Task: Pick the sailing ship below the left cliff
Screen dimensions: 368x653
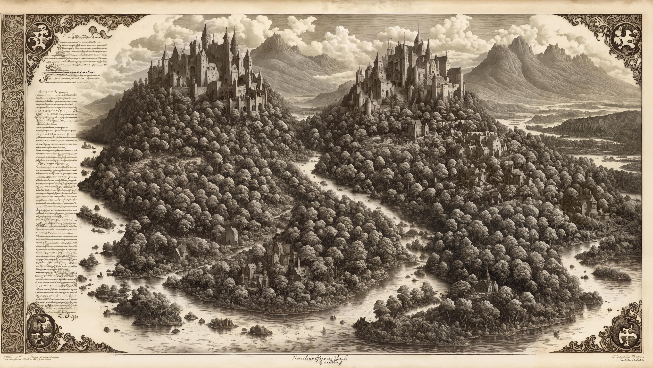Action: click(86, 145)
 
